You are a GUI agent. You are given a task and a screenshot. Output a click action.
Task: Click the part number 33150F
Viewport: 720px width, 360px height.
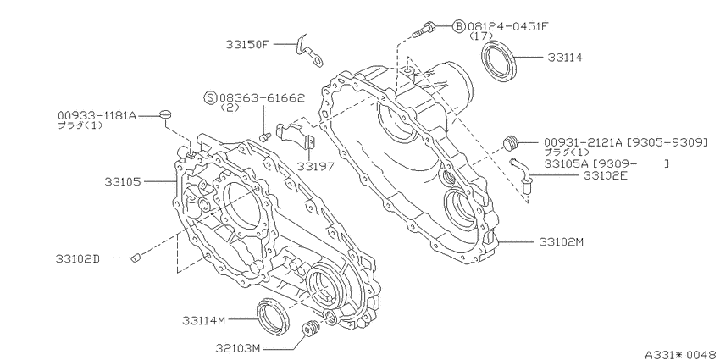click(x=246, y=45)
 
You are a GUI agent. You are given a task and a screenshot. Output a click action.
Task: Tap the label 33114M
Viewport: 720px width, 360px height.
click(x=203, y=320)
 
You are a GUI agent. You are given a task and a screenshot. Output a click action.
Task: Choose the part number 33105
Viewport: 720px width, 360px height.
click(x=122, y=182)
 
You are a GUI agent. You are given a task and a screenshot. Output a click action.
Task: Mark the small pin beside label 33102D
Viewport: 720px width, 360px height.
click(x=135, y=258)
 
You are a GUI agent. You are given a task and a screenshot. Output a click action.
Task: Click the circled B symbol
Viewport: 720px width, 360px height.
click(x=459, y=26)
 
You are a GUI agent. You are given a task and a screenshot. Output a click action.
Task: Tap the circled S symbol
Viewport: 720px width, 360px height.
click(x=211, y=97)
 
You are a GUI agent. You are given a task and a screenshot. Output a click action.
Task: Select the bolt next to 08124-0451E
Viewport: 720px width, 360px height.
click(x=423, y=29)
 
